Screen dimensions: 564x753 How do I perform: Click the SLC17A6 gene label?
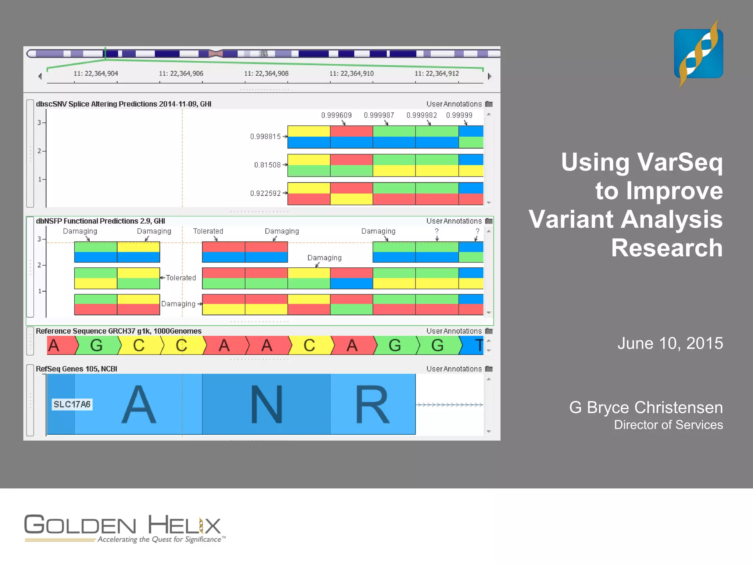[x=72, y=404]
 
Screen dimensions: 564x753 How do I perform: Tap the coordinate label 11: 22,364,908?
[x=266, y=73]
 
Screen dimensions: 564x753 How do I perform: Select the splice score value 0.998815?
[x=265, y=137]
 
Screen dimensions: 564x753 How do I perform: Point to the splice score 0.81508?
[x=267, y=165]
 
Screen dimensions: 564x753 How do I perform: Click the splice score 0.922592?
[x=265, y=193]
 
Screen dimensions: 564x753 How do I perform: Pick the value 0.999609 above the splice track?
[x=336, y=115]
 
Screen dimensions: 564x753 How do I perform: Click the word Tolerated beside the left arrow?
[x=181, y=278]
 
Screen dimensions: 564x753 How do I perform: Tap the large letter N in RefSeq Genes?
[x=267, y=404]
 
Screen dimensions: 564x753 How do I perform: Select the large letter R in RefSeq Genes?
[x=372, y=404]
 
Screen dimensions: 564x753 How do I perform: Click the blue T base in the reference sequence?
[x=478, y=346]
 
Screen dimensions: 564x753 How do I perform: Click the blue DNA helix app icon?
[x=698, y=54]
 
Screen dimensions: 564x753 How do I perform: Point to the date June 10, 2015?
[x=670, y=343]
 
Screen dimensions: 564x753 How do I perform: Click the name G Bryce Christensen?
[x=646, y=408]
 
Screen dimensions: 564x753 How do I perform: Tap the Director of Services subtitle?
[x=668, y=425]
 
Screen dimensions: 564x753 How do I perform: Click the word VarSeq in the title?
[x=679, y=162]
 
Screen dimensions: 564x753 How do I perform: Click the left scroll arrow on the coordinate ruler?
[x=40, y=76]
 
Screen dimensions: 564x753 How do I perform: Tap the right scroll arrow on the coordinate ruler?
[x=489, y=76]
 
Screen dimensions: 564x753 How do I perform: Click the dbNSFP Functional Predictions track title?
[x=100, y=221]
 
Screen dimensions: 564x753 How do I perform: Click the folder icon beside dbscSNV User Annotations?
[x=489, y=104]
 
